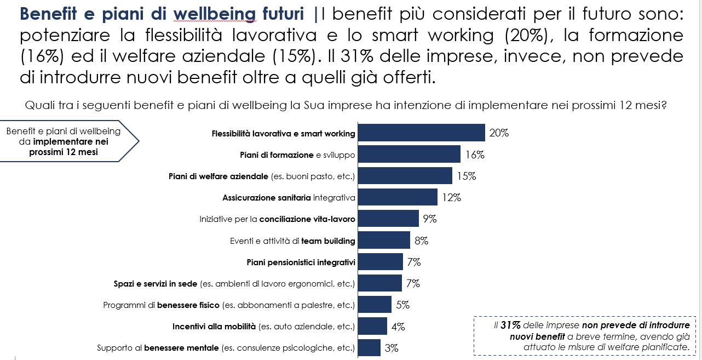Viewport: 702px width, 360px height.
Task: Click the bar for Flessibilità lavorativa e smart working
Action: (x=421, y=133)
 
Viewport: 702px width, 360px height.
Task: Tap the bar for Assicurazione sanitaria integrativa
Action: (x=398, y=197)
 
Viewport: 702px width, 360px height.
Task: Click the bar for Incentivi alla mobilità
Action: (x=372, y=326)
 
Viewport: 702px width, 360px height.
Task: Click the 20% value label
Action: (x=499, y=133)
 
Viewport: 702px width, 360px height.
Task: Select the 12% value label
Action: (x=452, y=197)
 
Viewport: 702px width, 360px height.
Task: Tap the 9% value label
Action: (x=429, y=219)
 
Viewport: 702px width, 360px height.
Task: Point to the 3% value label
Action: (x=391, y=348)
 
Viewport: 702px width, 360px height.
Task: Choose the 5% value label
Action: (x=402, y=305)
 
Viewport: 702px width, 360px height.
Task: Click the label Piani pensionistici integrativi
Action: (x=301, y=262)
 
